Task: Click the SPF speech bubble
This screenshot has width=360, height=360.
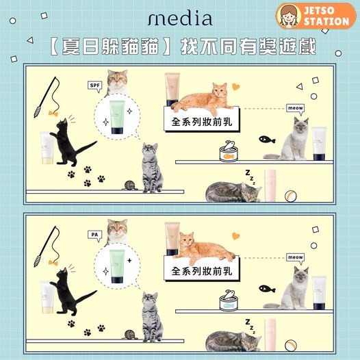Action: (95, 86)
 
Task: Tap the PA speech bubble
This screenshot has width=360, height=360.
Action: (95, 235)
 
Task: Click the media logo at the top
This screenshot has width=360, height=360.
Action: (180, 18)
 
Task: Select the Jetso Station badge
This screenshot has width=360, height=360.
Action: (316, 16)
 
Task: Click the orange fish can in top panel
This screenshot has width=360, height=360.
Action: (229, 151)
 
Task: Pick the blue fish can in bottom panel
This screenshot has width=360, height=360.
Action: (229, 300)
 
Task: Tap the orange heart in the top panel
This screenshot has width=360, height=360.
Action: (236, 86)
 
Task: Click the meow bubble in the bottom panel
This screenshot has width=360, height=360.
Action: (296, 258)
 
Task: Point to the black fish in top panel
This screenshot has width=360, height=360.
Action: (267, 140)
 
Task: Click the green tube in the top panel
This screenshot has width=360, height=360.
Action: (117, 117)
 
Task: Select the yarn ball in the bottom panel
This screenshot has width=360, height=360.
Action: (130, 335)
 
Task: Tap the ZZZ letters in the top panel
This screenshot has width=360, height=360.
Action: (250, 177)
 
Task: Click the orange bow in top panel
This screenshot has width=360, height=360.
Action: (53, 113)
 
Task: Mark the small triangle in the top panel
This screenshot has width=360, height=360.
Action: (300, 86)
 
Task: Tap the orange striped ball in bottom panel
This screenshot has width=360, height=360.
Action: (290, 346)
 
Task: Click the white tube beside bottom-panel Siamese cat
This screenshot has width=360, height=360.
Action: (319, 293)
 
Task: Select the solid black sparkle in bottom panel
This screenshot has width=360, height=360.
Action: (129, 260)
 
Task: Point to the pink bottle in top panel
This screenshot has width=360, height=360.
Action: (270, 185)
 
